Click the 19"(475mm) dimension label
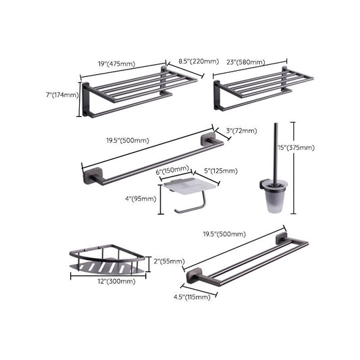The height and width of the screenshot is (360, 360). pos(117,63)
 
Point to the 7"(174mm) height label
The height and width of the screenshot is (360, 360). pos(62,95)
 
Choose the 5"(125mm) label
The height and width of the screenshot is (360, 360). pos(218,171)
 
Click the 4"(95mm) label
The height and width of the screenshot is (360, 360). pos(143,199)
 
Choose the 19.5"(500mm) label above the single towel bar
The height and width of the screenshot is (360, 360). pos(128,140)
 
